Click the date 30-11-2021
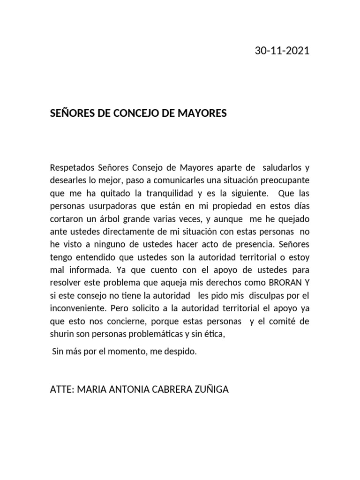tap(282, 51)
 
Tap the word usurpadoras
tap(109, 206)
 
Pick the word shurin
tap(60, 335)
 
